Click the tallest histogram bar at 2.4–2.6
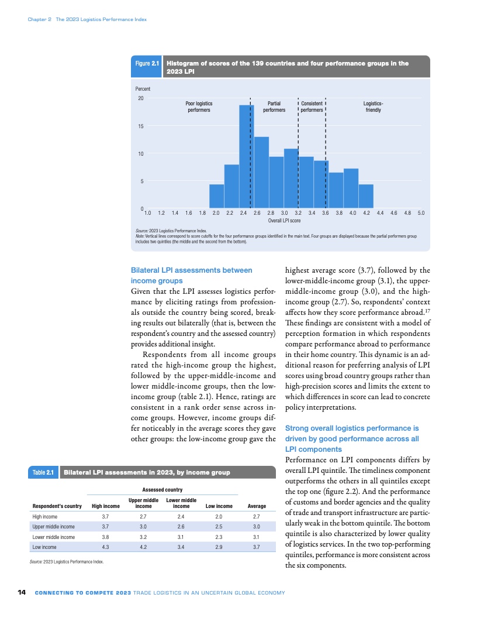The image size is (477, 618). pos(246,157)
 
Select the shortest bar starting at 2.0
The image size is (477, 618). pos(216,197)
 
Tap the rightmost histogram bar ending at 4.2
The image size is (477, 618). pos(366,197)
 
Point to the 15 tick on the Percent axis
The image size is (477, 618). pos(140,126)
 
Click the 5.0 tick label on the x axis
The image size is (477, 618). pos(421,214)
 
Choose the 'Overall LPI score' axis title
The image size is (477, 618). pos(284,221)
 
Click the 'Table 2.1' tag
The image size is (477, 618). pos(43,472)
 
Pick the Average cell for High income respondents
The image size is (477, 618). pos(257,517)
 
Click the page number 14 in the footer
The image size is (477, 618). pos(22,593)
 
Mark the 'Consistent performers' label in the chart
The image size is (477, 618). pos(312,106)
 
